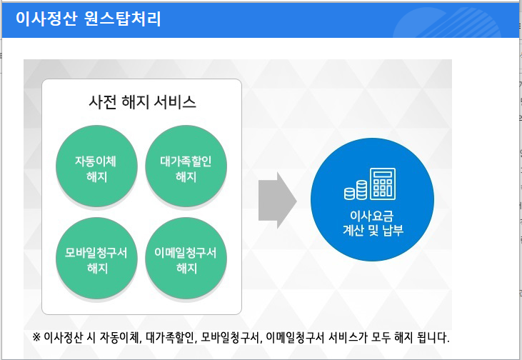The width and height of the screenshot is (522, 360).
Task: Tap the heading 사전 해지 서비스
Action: [x=142, y=102]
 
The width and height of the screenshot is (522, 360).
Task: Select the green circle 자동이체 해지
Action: [x=96, y=169]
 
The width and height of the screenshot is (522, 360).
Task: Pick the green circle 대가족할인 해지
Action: [x=186, y=169]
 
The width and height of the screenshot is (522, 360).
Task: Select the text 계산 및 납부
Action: [x=372, y=230]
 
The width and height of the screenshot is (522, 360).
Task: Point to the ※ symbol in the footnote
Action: [x=37, y=337]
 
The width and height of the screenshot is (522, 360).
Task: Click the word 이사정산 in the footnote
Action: [x=64, y=337]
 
